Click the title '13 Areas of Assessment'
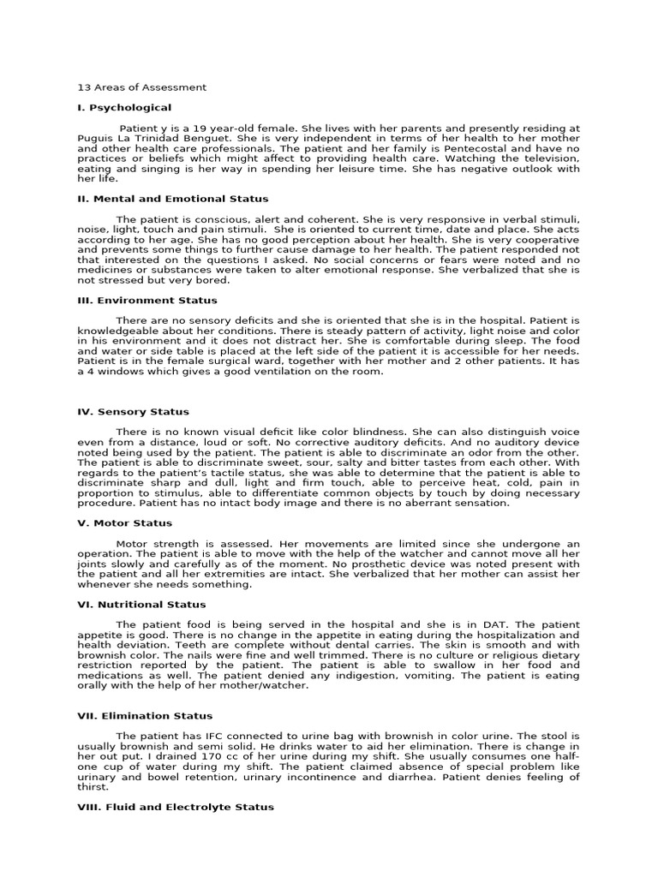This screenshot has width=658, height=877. point(141,87)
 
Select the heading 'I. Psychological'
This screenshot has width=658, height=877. point(124,108)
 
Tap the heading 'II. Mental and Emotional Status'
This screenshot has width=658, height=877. point(173,199)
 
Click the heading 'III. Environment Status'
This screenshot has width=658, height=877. point(147,301)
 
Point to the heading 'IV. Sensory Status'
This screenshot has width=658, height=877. point(133,412)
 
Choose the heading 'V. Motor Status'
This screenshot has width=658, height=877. point(125,523)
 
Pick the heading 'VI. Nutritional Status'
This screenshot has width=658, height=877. point(141,605)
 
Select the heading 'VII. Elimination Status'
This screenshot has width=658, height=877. point(145,716)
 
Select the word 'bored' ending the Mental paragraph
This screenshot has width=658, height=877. point(212,280)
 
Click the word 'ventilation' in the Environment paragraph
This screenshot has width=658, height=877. point(285,371)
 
